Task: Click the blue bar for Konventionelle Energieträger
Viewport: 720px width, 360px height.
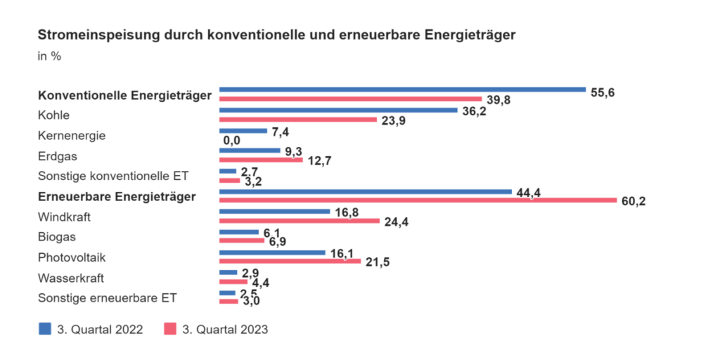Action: point(402,90)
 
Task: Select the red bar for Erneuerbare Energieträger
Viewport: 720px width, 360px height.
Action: point(418,200)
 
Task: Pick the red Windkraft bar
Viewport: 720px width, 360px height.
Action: point(300,221)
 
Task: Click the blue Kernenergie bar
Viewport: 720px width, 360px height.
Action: point(243,131)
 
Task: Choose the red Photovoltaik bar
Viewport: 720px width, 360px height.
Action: point(290,261)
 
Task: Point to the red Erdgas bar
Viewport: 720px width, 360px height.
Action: point(261,160)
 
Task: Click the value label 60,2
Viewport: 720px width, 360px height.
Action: point(633,202)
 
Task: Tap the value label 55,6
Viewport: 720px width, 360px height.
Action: point(602,92)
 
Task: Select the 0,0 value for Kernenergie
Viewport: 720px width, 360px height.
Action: point(231,141)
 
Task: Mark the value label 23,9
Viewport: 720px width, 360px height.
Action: point(392,121)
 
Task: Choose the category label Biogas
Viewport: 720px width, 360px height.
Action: point(56,237)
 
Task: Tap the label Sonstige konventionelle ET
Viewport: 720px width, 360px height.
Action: point(113,176)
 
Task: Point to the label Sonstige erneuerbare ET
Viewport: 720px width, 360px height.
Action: point(108,297)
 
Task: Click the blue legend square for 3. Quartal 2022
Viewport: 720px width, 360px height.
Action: point(44,328)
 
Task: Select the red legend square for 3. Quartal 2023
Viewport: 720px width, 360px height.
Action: point(169,328)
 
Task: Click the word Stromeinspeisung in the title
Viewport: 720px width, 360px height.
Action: point(91,34)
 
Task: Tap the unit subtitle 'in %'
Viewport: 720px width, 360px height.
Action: point(49,56)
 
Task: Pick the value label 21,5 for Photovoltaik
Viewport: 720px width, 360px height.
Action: point(377,263)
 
